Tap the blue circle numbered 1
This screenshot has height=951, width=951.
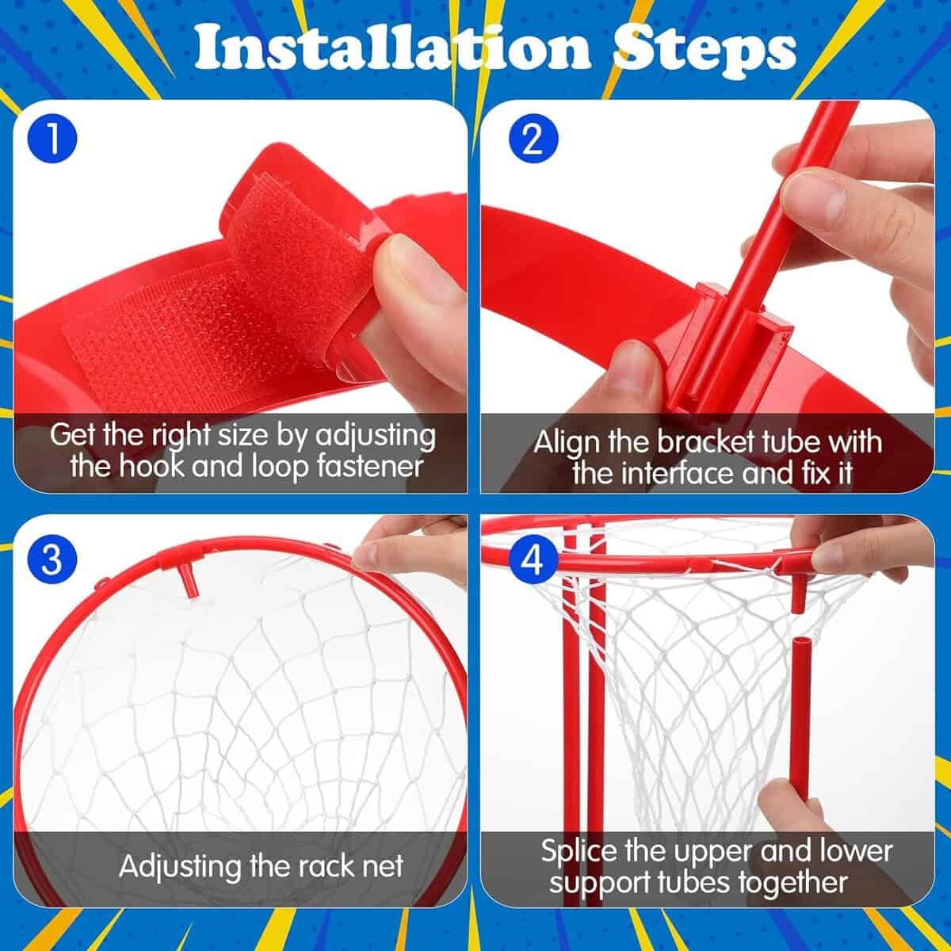pyautogui.click(x=52, y=141)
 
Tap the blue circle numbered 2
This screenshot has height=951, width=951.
pyautogui.click(x=533, y=141)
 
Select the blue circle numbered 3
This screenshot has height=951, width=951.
pyautogui.click(x=52, y=560)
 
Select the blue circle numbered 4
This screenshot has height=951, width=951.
pyautogui.click(x=533, y=560)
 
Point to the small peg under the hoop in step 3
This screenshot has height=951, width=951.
pyautogui.click(x=190, y=586)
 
